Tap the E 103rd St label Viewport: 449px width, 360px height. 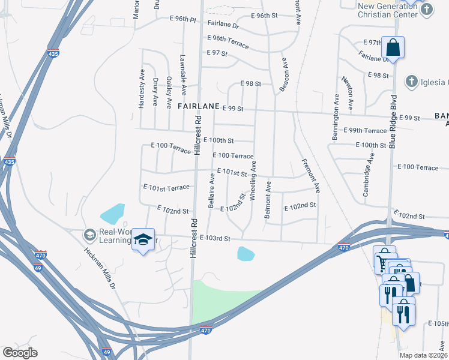[x=215, y=238]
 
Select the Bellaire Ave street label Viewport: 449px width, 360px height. [x=211, y=190]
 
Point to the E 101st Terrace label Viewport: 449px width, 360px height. [x=166, y=188]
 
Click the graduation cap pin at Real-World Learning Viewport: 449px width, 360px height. [x=143, y=239]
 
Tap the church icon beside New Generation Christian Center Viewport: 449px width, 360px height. [x=427, y=9]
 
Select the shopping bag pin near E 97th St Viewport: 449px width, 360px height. [x=393, y=47]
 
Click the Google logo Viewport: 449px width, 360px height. [x=20, y=353]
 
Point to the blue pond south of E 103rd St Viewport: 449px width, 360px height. [x=246, y=254]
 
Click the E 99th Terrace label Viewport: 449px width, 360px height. [x=365, y=130]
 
